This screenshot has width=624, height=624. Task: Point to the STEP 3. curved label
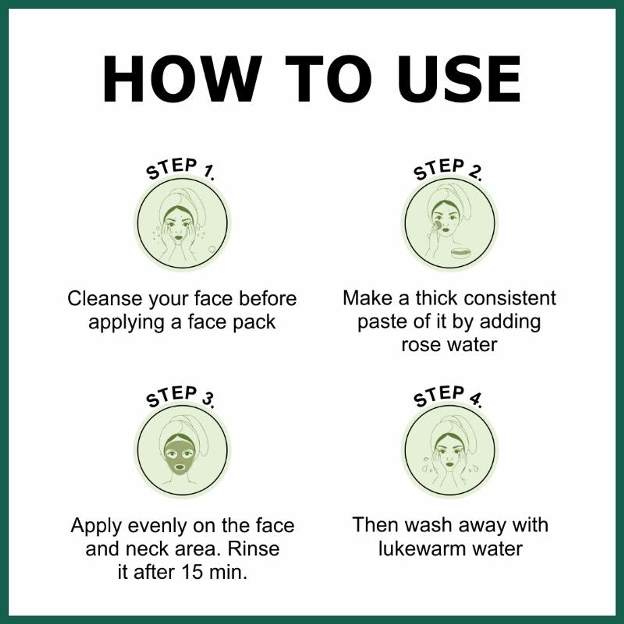point(180,396)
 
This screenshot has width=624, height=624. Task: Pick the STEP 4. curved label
point(448,396)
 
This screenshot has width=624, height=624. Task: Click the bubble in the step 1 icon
point(212,249)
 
